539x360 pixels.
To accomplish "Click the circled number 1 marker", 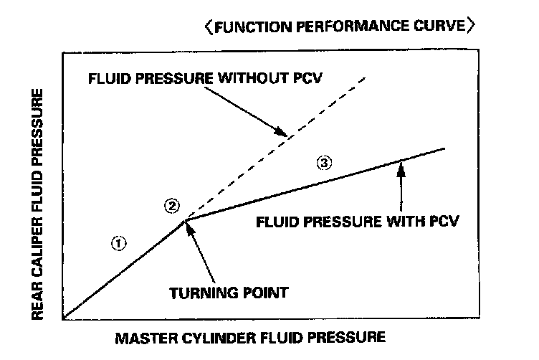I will tap(119, 242).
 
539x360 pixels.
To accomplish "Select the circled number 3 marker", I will tap(325, 163).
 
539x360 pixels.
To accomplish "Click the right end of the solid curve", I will tap(445, 148).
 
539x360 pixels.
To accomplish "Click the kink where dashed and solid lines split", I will tap(185, 221).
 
